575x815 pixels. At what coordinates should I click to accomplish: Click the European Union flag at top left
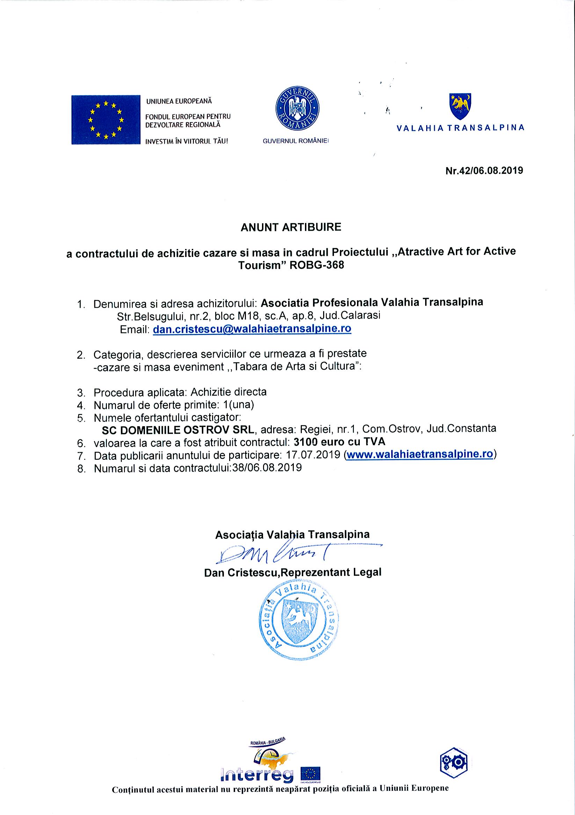click(105, 120)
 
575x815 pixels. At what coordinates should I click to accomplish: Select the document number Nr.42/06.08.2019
click(484, 170)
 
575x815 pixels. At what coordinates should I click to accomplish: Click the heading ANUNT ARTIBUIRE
click(291, 227)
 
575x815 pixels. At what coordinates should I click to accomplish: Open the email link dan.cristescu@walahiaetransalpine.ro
click(252, 329)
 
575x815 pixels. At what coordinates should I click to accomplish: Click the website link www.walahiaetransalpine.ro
click(420, 455)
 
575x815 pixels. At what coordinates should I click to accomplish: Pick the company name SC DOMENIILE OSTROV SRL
click(178, 429)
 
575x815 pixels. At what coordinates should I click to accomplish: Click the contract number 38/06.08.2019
click(267, 468)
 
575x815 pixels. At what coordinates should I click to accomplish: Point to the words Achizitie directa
click(228, 392)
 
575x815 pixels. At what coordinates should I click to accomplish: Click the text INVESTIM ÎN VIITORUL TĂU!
click(187, 141)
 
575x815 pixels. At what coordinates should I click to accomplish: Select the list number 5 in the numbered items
click(81, 418)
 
